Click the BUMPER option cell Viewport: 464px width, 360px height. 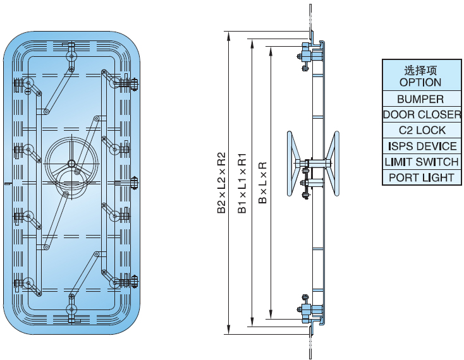click(x=420, y=99)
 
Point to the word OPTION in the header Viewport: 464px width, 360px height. click(x=420, y=82)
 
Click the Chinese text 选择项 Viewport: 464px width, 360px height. click(x=420, y=69)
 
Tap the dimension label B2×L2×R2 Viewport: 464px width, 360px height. click(x=221, y=183)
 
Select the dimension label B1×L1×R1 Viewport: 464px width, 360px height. click(x=242, y=183)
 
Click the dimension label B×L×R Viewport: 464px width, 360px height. click(x=262, y=183)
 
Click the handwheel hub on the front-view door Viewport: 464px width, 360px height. click(x=71, y=162)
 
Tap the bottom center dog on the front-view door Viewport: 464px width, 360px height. click(x=71, y=309)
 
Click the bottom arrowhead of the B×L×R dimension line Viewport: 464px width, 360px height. click(x=271, y=316)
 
